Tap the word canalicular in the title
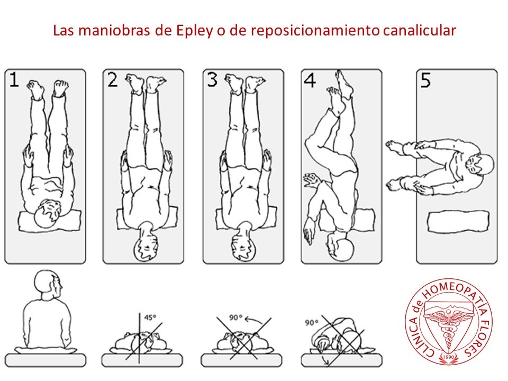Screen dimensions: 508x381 420,31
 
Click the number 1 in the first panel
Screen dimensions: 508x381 14,80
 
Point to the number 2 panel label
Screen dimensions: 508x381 112,80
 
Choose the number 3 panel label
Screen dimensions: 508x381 212,80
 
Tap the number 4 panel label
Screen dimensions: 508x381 310,80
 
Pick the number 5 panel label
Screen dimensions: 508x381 425,80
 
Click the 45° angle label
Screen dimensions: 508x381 150,317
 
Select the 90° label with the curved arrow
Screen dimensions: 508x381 236,317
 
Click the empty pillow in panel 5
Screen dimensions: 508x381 458,222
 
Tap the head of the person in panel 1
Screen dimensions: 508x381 48,213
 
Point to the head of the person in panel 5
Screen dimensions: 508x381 480,165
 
